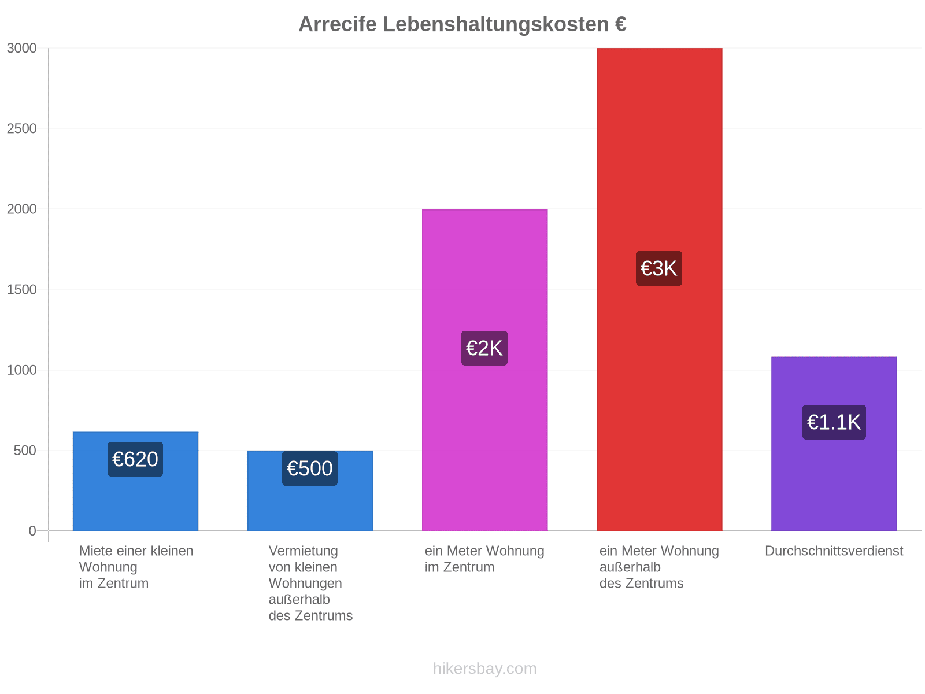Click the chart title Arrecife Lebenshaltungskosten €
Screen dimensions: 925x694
[x=462, y=24]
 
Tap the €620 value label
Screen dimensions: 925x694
[x=135, y=459]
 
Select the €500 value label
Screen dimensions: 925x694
[x=310, y=468]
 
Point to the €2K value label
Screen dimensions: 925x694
[x=484, y=348]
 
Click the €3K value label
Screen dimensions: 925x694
[x=658, y=268]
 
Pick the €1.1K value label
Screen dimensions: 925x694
[x=834, y=422]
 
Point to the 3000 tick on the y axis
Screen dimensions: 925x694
[x=21, y=48]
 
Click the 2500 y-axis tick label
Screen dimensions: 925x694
[x=21, y=128]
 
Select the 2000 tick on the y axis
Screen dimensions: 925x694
[x=21, y=209]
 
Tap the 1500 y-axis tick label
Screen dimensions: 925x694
[x=21, y=290]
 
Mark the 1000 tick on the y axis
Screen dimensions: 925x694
[x=21, y=370]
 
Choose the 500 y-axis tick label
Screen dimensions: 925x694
[x=25, y=451]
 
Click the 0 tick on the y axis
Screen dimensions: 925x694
[x=32, y=531]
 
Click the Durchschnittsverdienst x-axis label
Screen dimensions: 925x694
[x=834, y=551]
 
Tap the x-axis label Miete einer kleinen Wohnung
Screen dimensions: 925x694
[x=136, y=567]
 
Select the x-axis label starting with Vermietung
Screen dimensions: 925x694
[x=310, y=583]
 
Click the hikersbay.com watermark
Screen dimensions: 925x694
[x=484, y=669]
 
